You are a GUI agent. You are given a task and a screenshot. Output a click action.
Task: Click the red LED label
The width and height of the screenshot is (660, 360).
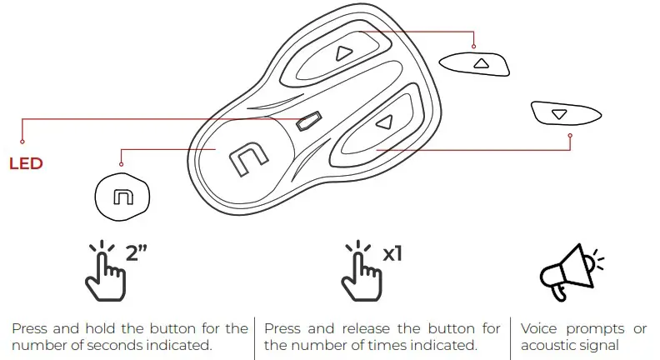[26, 163]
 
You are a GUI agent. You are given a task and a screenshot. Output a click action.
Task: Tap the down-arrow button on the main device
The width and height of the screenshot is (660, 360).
[382, 122]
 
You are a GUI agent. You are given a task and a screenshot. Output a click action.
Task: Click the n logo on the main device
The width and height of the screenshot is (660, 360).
[247, 157]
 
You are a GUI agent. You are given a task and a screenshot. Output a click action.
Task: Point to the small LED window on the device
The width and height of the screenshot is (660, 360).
[307, 122]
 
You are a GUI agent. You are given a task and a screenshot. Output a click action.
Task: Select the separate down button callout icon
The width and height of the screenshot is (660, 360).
[559, 112]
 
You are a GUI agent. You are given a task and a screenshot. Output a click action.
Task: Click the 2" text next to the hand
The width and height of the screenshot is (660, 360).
[136, 252]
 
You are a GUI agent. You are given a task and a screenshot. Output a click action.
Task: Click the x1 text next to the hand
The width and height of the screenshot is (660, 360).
[392, 252]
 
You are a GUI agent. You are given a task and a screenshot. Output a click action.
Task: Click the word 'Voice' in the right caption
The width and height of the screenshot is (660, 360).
[539, 328]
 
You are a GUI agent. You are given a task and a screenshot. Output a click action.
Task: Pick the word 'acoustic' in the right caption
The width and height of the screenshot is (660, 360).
[546, 345]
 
